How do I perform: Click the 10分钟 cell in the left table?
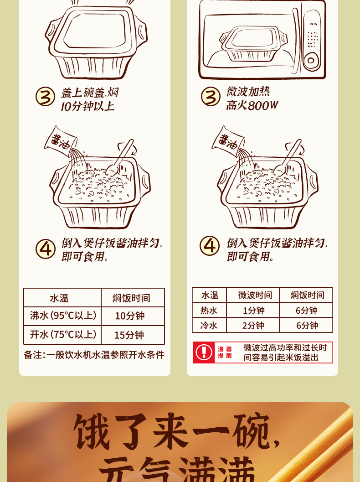[x=129, y=316]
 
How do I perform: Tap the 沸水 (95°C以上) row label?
[x=63, y=316]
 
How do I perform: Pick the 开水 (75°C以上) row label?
[x=63, y=335]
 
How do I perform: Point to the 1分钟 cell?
[x=253, y=311]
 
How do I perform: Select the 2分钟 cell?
[x=253, y=326]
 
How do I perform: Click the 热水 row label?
[x=209, y=311]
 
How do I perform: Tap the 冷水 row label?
[x=209, y=326]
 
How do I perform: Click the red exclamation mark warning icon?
[x=204, y=352]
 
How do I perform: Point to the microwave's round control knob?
[x=311, y=60]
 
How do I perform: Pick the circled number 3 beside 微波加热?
[x=210, y=97]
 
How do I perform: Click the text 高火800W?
[x=252, y=106]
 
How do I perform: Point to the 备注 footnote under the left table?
[x=94, y=355]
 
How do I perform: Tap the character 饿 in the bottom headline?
[x=92, y=432]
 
